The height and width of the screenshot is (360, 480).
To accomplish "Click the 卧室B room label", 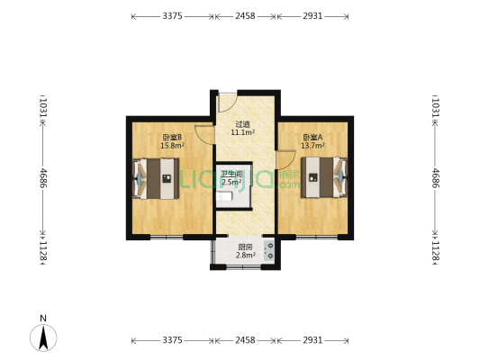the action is coord(172,138).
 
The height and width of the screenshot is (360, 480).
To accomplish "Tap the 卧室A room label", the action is coord(312,138).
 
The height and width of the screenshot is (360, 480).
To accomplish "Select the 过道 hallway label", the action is coord(242,124).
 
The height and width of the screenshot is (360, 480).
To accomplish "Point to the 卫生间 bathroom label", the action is coord(231,175).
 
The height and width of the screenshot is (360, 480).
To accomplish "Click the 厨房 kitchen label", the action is coord(246,247).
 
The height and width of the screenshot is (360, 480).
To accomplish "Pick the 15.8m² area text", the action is coord(172,146).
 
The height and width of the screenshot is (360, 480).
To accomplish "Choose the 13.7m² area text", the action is coord(312,146).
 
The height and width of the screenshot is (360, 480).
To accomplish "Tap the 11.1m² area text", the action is coord(243,132).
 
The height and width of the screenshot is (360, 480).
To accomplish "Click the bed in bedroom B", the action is coord(156,178).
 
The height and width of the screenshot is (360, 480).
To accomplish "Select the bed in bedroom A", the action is coord(324,177).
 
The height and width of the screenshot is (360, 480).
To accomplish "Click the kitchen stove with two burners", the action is coord(269,251).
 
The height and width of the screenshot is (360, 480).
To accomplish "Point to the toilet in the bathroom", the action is coord(224,196).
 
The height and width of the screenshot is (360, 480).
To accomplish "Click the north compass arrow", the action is coord(43,338).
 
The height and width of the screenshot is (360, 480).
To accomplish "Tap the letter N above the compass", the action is coord(43,319).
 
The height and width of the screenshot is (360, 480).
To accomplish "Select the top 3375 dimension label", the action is coord(172,16).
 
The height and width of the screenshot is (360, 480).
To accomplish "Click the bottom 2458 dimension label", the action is coord(245,340).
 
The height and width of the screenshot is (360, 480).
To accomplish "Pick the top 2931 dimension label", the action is coord(312,16).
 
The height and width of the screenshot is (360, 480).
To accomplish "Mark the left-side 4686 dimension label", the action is coord(43,178).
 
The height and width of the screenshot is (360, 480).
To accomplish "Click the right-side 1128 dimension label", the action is coord(436,251).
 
